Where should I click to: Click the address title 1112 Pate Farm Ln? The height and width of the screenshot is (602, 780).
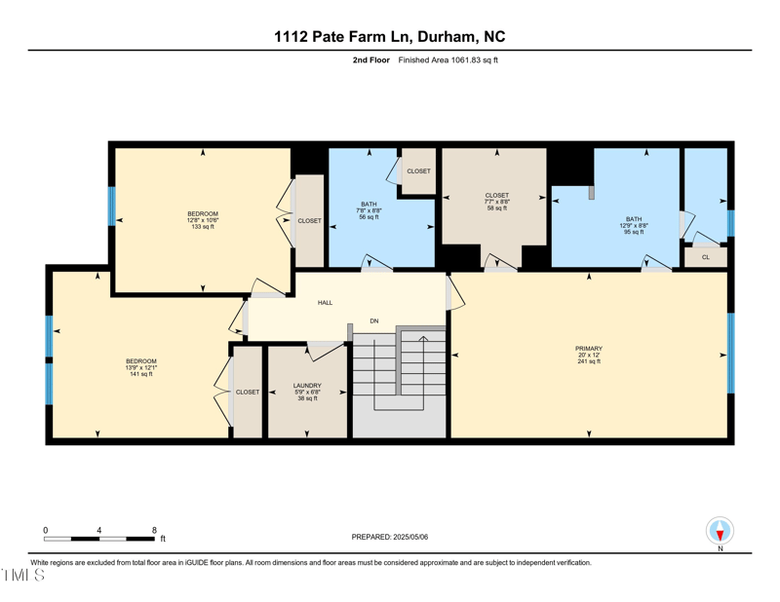coord(389,37)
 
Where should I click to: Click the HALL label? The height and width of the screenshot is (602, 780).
coord(325,303)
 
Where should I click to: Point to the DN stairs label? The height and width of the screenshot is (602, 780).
coord(373,320)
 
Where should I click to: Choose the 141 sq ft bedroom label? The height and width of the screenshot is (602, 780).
coord(141,367)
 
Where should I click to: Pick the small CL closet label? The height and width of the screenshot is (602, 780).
coord(705,257)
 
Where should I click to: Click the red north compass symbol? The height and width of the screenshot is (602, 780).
coord(720,532)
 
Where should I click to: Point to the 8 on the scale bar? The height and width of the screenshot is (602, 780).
coord(154,531)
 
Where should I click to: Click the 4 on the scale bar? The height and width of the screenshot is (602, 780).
coord(99,531)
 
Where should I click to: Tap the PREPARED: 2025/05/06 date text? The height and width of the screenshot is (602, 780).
coord(389,537)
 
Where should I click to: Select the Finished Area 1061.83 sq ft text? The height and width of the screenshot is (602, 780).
coord(448,60)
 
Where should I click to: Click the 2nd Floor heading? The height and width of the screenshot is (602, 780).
coord(371,60)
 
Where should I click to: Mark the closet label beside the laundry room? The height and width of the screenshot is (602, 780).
coord(248,392)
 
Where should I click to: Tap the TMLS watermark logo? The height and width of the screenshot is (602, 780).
coord(23,576)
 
